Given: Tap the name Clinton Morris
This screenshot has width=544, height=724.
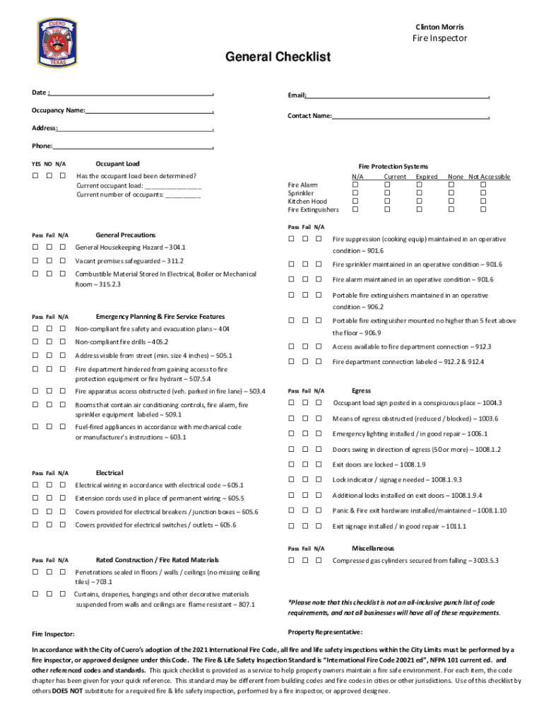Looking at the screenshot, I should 439,27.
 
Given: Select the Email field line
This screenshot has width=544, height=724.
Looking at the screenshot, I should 398,95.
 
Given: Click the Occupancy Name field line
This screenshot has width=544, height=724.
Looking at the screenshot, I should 149,110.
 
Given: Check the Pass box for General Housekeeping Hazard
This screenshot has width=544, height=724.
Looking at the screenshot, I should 35,247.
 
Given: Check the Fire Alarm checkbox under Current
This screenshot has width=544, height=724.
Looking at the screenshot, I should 387,185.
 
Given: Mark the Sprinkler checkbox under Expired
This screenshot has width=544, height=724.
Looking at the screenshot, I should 418,193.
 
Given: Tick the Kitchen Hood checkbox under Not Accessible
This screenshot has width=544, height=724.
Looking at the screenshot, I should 483,202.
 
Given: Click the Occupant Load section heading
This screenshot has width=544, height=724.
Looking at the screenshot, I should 117,163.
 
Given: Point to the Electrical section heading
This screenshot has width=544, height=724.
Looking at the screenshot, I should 110,472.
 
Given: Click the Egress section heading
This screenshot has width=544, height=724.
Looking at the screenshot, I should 361,390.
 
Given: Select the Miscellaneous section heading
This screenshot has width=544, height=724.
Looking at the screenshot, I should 373,548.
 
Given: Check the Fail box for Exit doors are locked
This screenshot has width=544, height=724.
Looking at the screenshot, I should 306,465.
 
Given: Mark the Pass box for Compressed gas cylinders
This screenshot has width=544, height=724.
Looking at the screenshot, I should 291,561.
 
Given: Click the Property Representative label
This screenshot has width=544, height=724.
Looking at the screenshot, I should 325,631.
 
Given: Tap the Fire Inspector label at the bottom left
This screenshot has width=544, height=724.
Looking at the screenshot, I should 54,634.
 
